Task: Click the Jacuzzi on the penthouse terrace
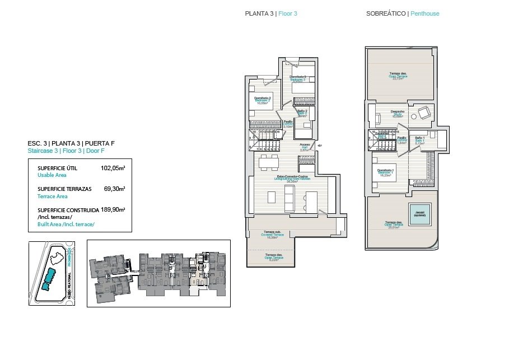[x=419, y=214]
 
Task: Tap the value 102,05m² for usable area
[x=113, y=168]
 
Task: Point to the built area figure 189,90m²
[x=113, y=210]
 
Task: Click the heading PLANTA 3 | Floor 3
[x=271, y=13]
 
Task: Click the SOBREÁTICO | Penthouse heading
[x=402, y=13]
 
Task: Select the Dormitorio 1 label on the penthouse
[x=385, y=171]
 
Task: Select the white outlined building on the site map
[x=56, y=258]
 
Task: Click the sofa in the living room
[x=289, y=197]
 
